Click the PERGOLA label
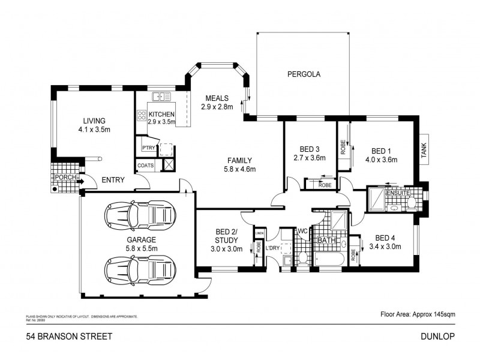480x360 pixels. click(304, 75)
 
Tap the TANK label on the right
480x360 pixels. click(424, 151)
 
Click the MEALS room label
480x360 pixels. click(216, 98)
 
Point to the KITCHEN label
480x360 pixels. click(161, 114)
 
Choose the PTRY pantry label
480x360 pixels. click(148, 148)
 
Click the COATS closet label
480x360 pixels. click(146, 166)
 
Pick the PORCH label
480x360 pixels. click(65, 178)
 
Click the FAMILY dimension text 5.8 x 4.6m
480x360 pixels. click(239, 169)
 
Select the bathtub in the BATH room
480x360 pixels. click(328, 259)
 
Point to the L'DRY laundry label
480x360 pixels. click(274, 249)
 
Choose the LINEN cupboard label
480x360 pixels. click(259, 233)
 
